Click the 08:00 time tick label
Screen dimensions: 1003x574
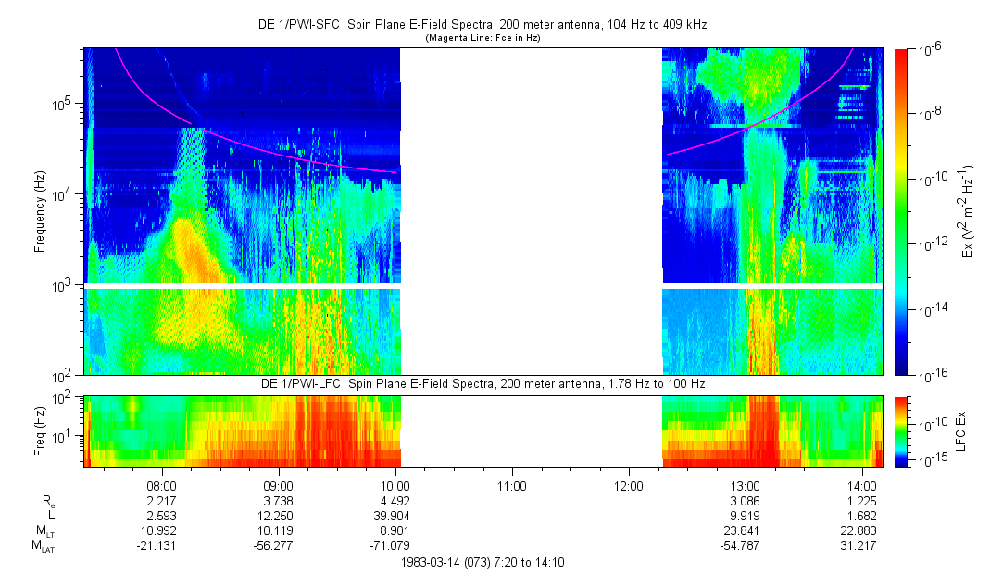click(x=162, y=486)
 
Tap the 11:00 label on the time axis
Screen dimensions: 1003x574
click(x=512, y=486)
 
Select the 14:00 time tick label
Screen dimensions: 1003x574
click(x=861, y=486)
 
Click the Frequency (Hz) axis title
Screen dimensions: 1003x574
click(x=40, y=212)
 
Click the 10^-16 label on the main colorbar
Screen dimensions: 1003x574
click(x=932, y=376)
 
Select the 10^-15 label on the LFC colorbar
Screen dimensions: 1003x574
click(x=932, y=460)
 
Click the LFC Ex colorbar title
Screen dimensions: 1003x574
click(x=961, y=431)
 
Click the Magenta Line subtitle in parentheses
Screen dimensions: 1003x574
click(x=483, y=38)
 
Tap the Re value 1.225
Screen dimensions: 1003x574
click(x=862, y=501)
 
